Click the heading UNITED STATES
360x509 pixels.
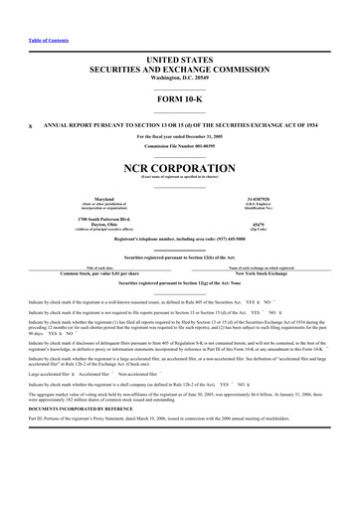pyautogui.click(x=180, y=61)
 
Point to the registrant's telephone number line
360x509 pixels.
pyautogui.click(x=180, y=241)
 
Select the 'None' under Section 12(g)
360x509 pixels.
pyautogui.click(x=180, y=290)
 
